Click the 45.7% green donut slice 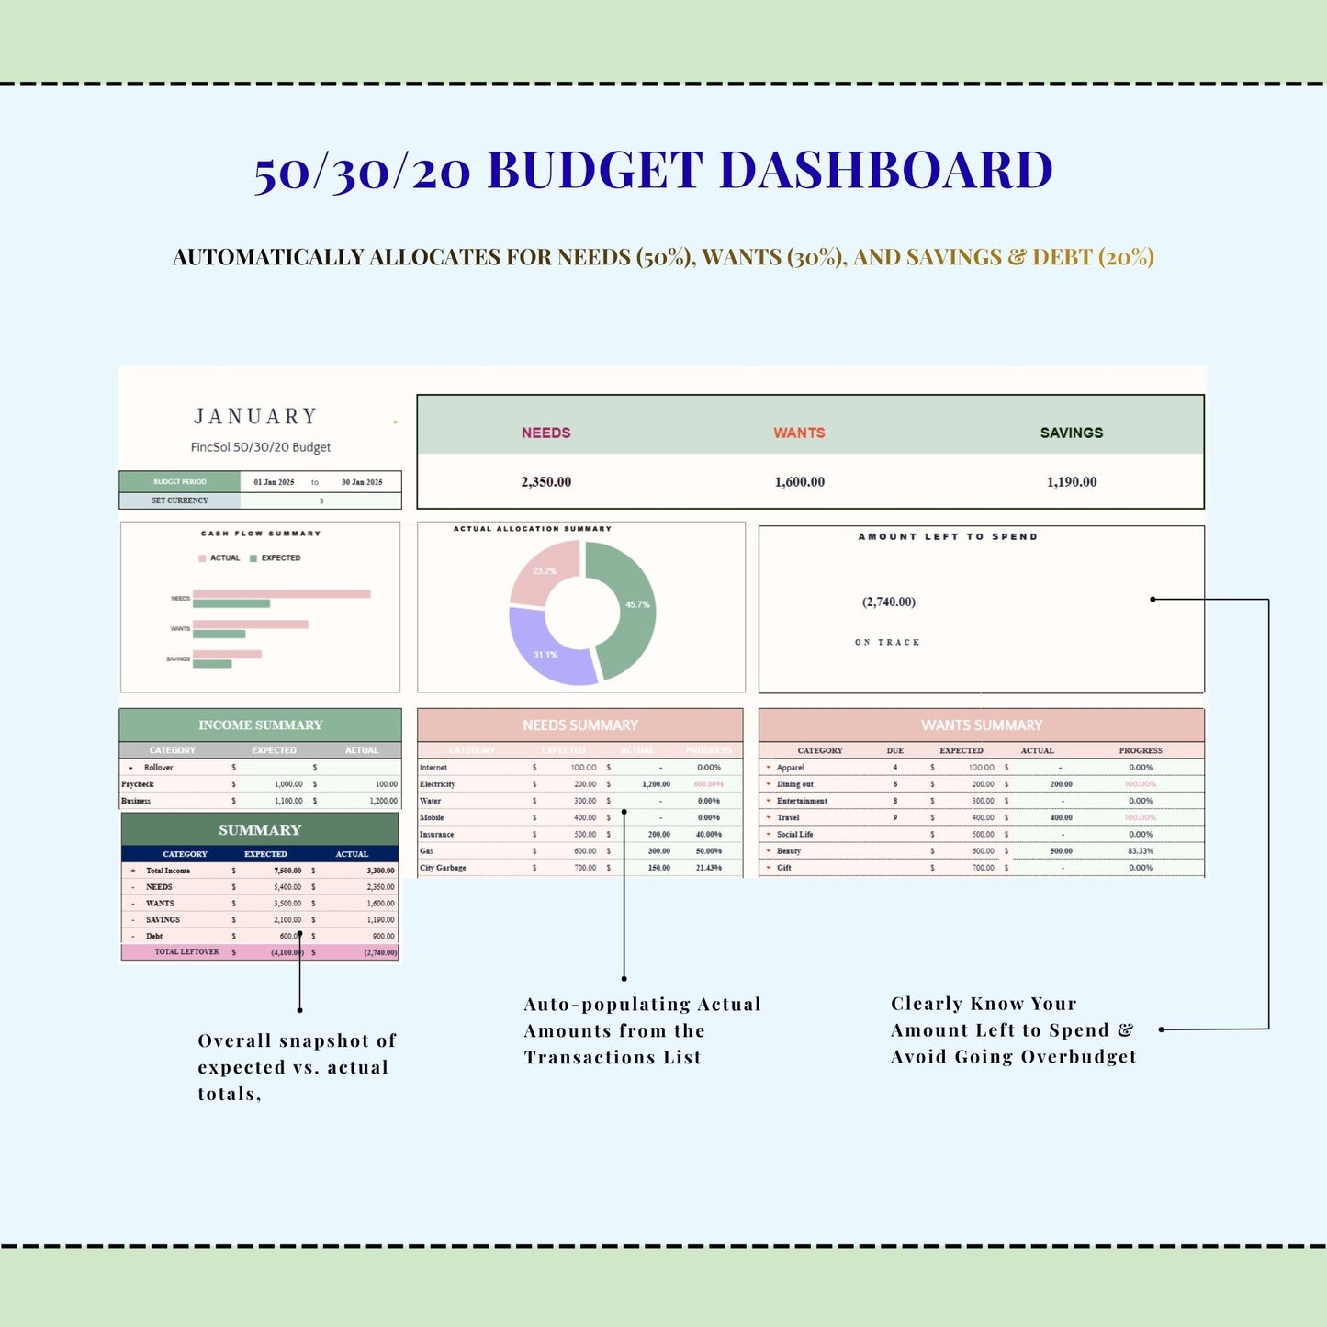pyautogui.click(x=624, y=606)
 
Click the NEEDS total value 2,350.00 pyautogui.click(x=545, y=482)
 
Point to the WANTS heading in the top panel pyautogui.click(x=799, y=433)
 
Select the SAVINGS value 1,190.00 pyautogui.click(x=1072, y=482)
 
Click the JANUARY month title pyautogui.click(x=256, y=417)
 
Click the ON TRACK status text pyautogui.click(x=887, y=643)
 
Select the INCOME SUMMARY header pyautogui.click(x=261, y=725)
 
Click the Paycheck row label pyautogui.click(x=138, y=784)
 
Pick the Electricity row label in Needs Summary pyautogui.click(x=437, y=784)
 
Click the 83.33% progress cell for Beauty pyautogui.click(x=1141, y=851)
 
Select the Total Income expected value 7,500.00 pyautogui.click(x=287, y=871)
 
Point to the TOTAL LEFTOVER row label pyautogui.click(x=186, y=952)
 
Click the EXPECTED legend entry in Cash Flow pyautogui.click(x=280, y=558)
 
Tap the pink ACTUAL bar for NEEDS pyautogui.click(x=281, y=594)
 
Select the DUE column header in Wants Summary pyautogui.click(x=894, y=751)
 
